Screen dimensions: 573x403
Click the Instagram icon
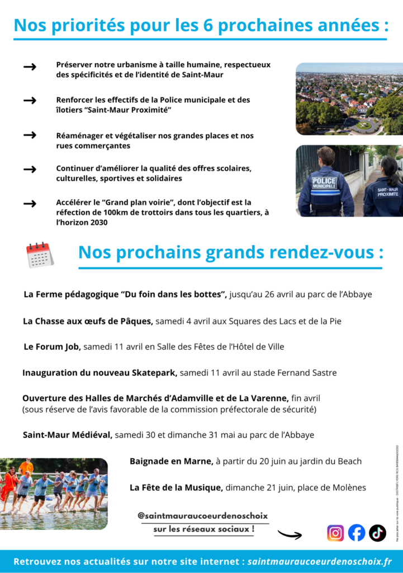[x=335, y=533]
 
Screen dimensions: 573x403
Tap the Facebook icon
[x=357, y=533]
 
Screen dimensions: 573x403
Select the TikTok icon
[x=378, y=533]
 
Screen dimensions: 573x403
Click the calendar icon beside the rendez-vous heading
[x=40, y=255]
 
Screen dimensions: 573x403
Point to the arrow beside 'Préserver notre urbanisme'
[x=30, y=67]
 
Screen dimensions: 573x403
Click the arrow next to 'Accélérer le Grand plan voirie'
[x=30, y=204]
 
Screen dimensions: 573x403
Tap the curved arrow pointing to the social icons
[x=290, y=534]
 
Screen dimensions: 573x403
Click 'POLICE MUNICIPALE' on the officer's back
[x=324, y=182]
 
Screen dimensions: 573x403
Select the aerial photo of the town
[x=349, y=98]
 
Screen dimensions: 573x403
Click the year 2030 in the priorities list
[x=96, y=222]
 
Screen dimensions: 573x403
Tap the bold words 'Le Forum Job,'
[x=52, y=347]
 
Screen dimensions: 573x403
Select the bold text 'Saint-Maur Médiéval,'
[x=68, y=435]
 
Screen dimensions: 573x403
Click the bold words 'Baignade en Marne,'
[x=172, y=462]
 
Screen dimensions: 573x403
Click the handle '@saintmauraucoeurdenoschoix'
[x=203, y=515]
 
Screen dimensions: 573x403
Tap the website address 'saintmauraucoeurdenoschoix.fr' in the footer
[x=319, y=561]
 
